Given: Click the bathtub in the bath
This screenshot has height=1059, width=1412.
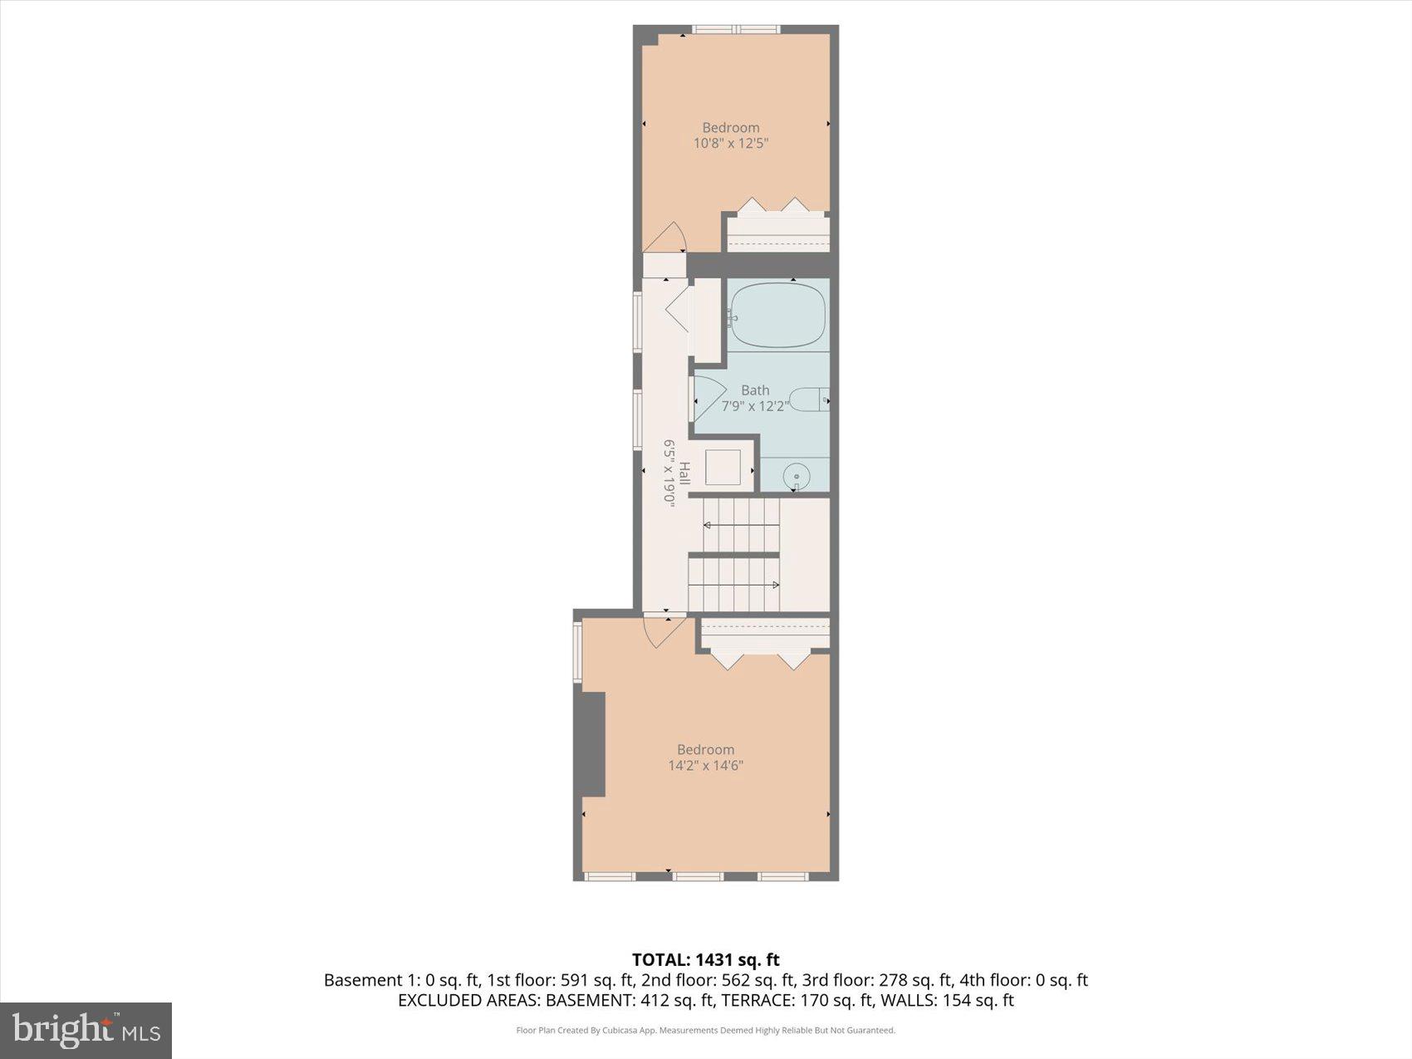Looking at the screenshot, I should tap(778, 316).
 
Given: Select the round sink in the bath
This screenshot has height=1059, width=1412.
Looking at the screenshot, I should tap(797, 477).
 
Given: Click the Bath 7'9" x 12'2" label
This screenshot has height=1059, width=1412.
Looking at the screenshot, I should tap(755, 398).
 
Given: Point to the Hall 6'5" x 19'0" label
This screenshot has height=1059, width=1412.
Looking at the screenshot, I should tap(676, 483).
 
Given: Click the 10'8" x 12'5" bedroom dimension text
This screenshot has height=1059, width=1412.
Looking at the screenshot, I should tap(731, 143).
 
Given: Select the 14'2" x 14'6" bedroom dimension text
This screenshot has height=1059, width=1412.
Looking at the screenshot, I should tap(705, 765).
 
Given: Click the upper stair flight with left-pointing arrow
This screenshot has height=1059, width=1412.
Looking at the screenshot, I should tap(741, 525).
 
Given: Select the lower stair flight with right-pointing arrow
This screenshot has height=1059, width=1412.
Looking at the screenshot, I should tap(733, 584).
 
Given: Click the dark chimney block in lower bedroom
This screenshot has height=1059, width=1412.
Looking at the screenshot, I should tap(592, 745).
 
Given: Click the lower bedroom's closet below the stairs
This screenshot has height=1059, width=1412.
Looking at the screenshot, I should tap(765, 634).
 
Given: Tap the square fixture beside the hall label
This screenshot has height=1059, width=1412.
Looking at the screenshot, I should tap(723, 467).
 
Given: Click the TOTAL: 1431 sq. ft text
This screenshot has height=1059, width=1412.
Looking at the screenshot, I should tap(705, 960).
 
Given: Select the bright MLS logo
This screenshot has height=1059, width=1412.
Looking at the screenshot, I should tap(86, 1030).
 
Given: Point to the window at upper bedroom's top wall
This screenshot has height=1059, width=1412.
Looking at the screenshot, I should tap(736, 30).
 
